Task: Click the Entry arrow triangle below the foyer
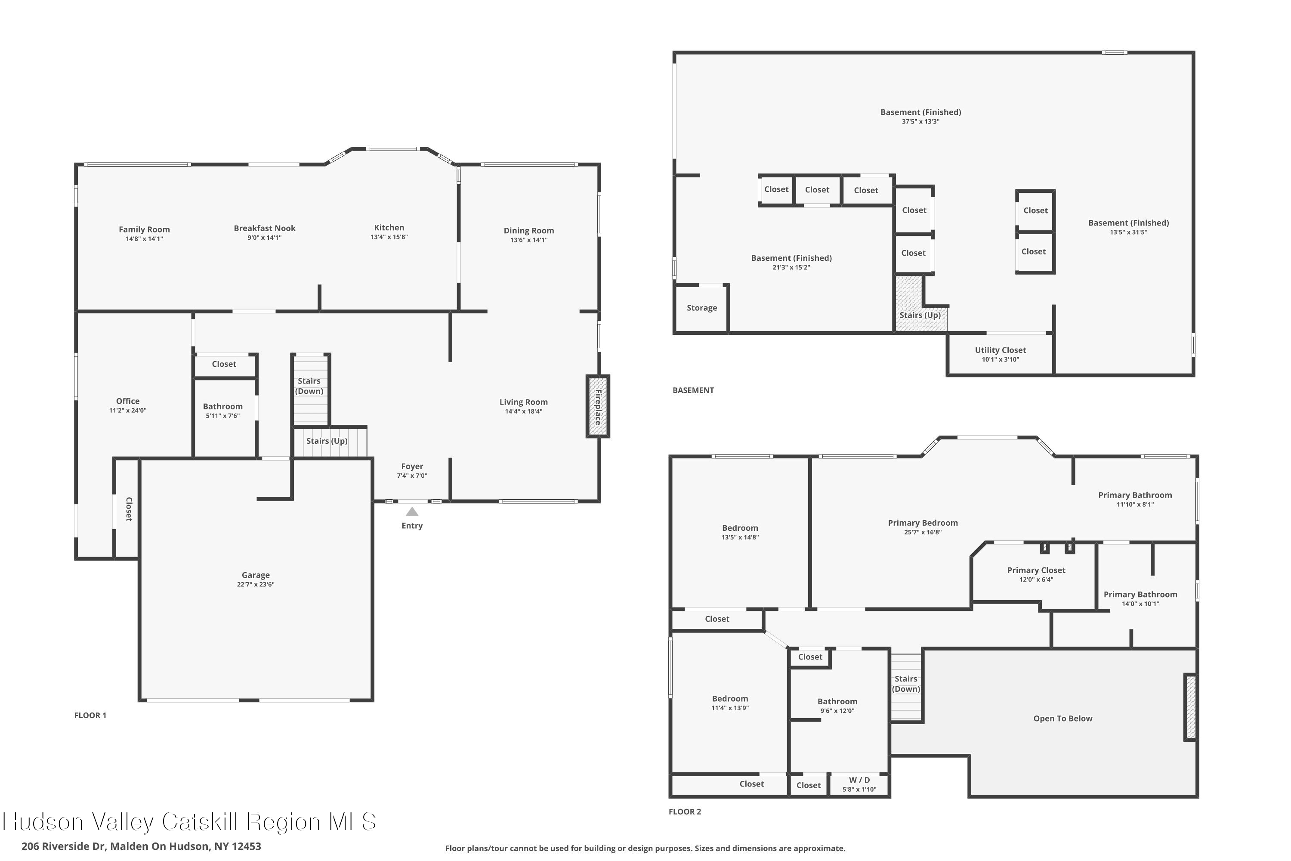point(412,512)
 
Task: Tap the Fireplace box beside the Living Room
point(598,406)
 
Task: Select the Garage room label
point(255,575)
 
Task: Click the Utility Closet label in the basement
point(1000,350)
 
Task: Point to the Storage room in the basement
point(701,308)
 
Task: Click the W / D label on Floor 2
point(859,780)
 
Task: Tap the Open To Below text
point(1062,718)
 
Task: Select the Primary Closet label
point(1036,570)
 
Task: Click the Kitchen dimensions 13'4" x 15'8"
point(389,237)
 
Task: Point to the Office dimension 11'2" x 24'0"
point(127,410)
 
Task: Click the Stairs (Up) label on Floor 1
point(327,441)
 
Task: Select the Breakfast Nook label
point(265,228)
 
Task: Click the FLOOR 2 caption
point(685,811)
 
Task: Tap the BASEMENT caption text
point(693,390)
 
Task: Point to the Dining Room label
point(528,231)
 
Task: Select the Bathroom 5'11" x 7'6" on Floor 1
point(222,416)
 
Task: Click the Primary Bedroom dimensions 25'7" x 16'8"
point(923,532)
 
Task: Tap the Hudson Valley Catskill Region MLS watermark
point(189,822)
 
